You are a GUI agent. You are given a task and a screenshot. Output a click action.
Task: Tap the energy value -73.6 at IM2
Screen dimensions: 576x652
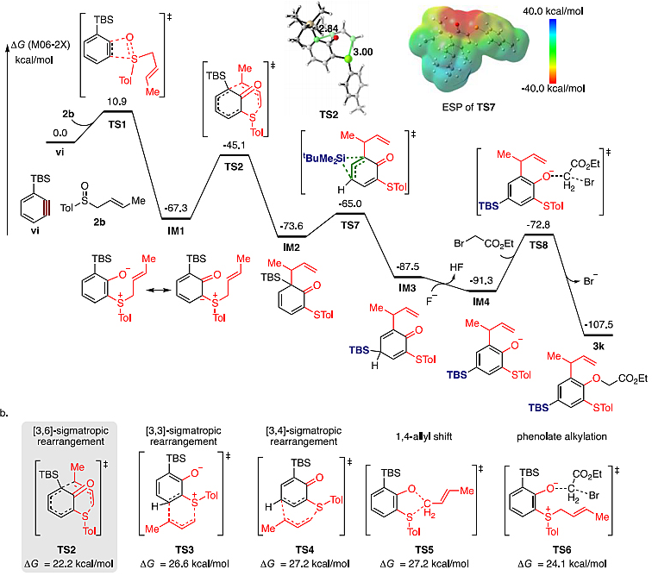[290, 224]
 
